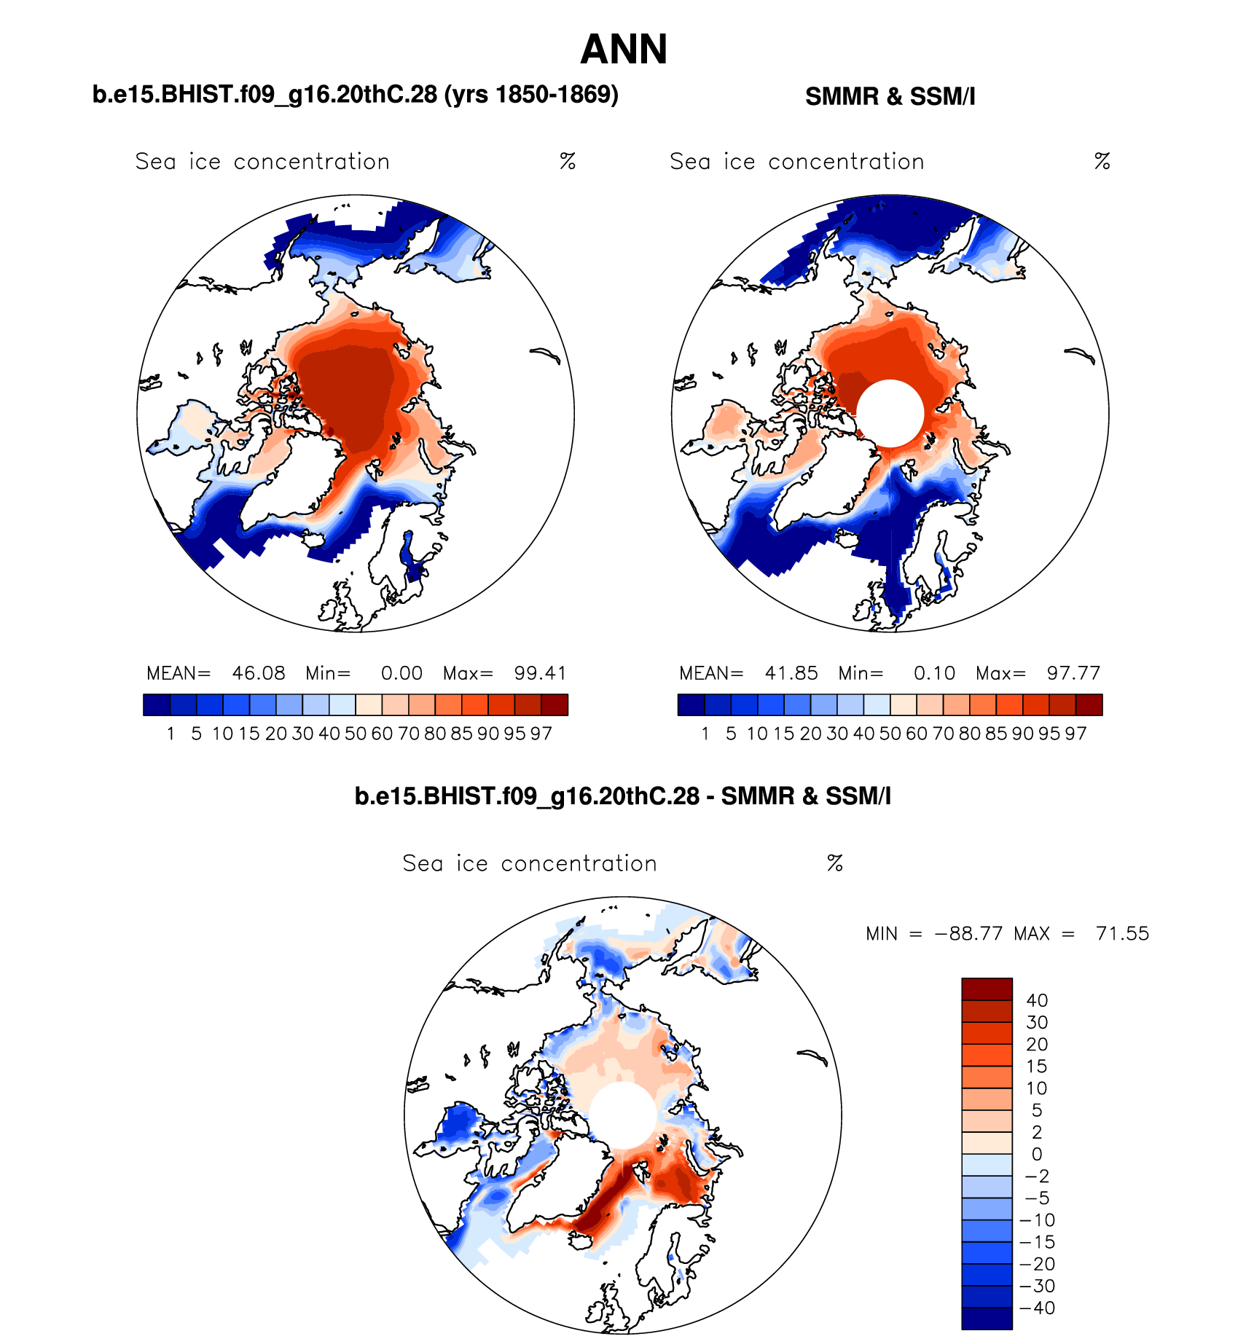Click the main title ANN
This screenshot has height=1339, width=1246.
pos(624,50)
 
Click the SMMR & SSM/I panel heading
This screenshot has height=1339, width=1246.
pos(890,96)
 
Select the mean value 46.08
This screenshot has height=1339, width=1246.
pos(259,673)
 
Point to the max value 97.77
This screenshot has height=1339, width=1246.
pos(1073,673)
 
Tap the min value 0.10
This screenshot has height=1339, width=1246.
pos(934,673)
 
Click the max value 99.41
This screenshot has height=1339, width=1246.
pos(540,673)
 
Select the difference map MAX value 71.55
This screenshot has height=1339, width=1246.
pos(1122,933)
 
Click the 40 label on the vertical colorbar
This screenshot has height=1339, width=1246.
pos(1037,1000)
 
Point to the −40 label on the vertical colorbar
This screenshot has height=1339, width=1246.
pos(1038,1308)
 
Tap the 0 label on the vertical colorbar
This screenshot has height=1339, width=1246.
pos(1037,1154)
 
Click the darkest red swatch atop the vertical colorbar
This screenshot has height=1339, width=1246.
pos(987,989)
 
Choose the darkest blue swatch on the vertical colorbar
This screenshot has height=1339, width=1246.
pos(987,1319)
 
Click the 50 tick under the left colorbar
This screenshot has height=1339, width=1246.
pos(356,734)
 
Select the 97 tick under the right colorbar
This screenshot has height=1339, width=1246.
pos(1075,734)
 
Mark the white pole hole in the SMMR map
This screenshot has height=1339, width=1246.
pos(890,413)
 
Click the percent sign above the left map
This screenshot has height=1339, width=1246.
pos(568,161)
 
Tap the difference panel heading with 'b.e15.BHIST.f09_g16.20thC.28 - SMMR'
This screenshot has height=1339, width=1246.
pos(622,796)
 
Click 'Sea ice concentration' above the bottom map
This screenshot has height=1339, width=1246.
pos(530,863)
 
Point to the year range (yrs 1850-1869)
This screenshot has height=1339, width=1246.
pos(531,95)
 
